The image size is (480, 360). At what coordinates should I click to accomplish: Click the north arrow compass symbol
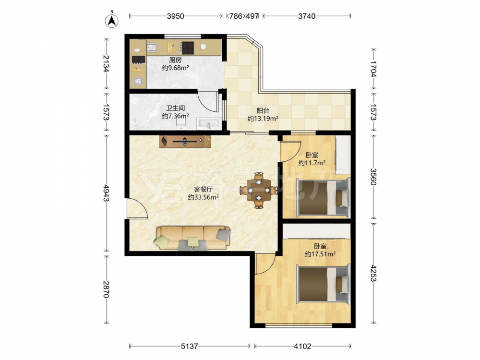click(112, 20)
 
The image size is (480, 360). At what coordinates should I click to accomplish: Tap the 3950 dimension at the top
click(175, 16)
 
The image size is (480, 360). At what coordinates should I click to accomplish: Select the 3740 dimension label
click(307, 16)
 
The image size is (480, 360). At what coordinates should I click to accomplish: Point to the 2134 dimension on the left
click(106, 64)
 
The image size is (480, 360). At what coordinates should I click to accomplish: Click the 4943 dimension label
click(106, 193)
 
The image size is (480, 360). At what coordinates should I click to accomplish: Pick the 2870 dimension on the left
click(106, 289)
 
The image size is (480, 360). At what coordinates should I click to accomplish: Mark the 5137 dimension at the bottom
click(190, 346)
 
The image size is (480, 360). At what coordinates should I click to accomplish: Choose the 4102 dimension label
click(302, 346)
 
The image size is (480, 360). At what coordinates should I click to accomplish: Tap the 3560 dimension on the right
click(373, 177)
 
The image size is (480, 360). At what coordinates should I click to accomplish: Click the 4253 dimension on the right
click(373, 273)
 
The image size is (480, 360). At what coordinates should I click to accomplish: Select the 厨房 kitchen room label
click(175, 60)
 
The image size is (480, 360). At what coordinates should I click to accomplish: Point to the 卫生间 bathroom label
click(175, 108)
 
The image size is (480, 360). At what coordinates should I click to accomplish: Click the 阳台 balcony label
click(263, 110)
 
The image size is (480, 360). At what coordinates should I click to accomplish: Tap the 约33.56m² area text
click(203, 197)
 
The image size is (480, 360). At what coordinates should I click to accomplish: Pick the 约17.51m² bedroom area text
click(320, 254)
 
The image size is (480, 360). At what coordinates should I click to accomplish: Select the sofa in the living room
click(193, 238)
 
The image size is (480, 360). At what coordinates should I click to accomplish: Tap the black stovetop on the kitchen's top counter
click(187, 48)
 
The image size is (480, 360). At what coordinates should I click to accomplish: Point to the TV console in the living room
click(185, 142)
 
